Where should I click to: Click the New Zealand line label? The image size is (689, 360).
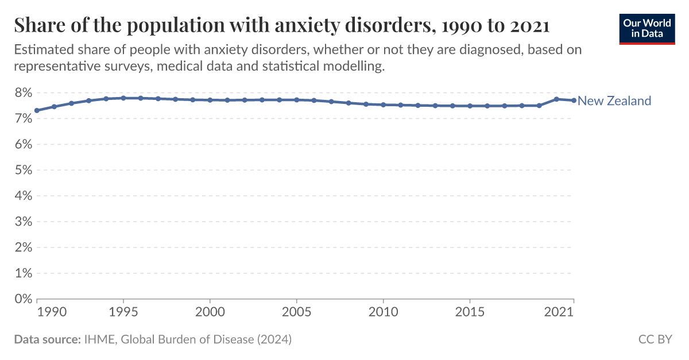614,101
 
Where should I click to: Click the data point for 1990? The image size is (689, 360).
37,110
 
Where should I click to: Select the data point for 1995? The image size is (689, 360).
123,98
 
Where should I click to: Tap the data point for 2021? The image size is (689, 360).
574,100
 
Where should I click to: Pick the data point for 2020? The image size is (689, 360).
556,99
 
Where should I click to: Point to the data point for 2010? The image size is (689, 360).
383,104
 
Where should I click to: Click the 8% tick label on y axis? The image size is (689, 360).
22,93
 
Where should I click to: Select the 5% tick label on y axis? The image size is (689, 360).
22,170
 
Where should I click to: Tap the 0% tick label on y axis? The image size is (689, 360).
22,299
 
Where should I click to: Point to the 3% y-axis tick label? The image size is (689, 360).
22,222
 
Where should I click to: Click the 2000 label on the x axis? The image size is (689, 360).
210,312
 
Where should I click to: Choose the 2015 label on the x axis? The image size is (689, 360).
470,312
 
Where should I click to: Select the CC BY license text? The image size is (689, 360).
655,339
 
